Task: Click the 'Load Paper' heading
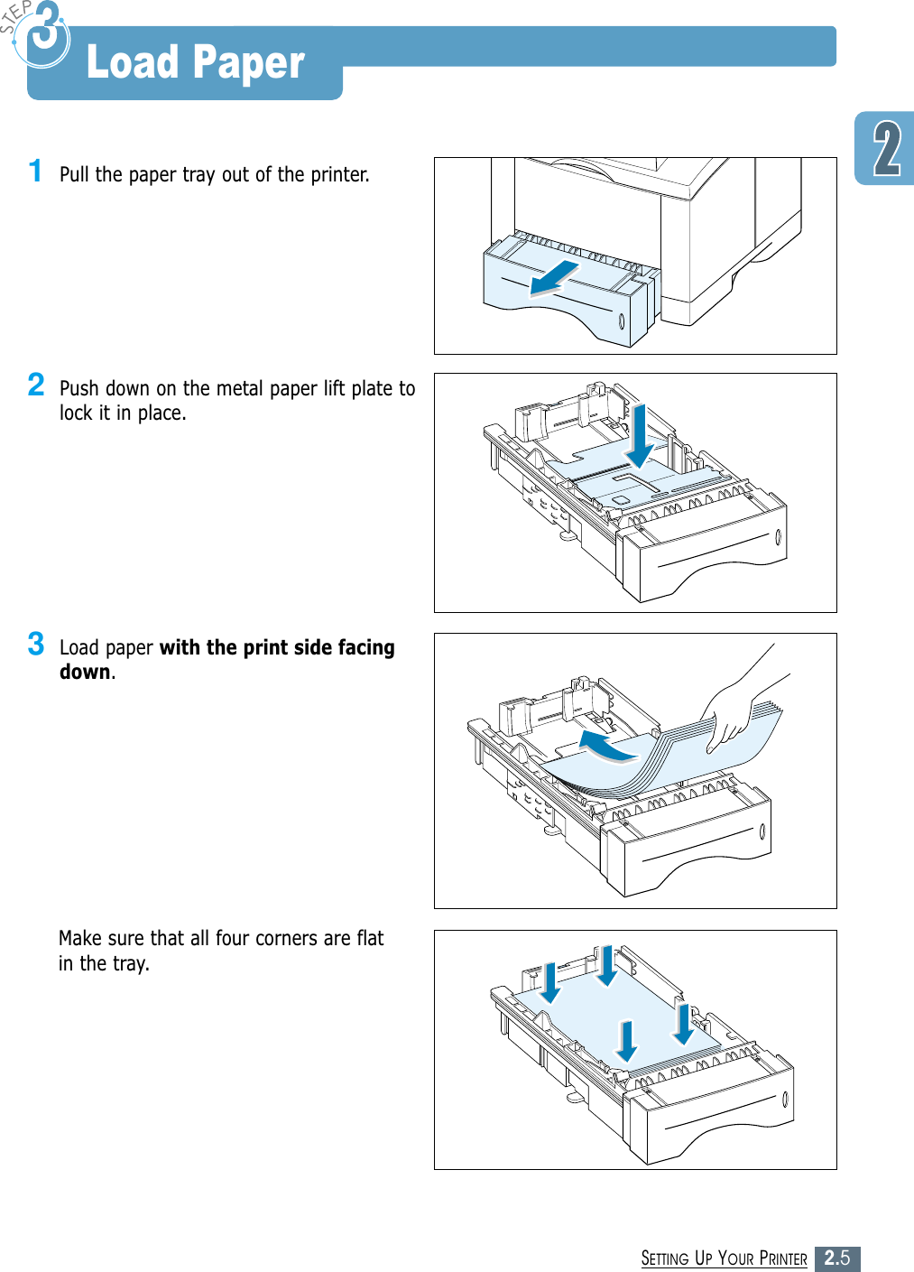[x=195, y=63]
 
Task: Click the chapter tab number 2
[x=887, y=150]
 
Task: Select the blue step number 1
[x=35, y=171]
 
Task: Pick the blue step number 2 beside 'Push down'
[x=36, y=385]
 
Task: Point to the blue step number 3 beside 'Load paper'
[x=36, y=644]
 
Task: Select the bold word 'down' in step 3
[x=85, y=673]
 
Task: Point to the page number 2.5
[x=837, y=1258]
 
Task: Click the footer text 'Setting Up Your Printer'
[x=724, y=1258]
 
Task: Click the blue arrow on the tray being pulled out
[x=554, y=277]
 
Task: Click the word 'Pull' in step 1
[x=75, y=174]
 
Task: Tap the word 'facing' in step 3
[x=365, y=648]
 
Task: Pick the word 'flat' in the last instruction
[x=370, y=939]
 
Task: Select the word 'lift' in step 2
[x=335, y=389]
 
